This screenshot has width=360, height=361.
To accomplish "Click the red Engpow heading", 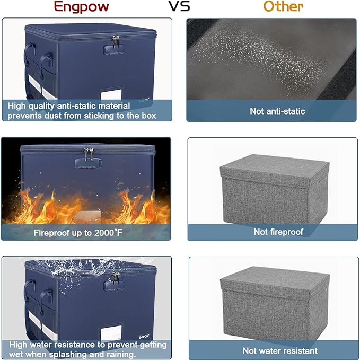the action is [81, 7].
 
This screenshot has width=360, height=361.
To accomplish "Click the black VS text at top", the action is [179, 6].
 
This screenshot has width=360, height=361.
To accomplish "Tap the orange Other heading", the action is [283, 6].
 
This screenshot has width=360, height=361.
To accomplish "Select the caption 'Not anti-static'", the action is [277, 111].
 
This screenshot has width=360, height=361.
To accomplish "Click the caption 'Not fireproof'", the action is [278, 232].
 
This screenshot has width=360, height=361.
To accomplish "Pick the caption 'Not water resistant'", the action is [280, 350].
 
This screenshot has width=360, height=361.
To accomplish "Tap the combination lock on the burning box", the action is [88, 163].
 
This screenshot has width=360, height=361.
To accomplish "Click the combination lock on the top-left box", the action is [114, 49].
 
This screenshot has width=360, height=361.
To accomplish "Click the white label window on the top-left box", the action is [111, 94].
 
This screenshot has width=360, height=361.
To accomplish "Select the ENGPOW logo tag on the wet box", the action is [144, 337].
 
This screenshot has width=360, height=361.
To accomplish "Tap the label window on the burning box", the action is [87, 217].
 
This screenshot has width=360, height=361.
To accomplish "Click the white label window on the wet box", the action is [111, 333].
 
